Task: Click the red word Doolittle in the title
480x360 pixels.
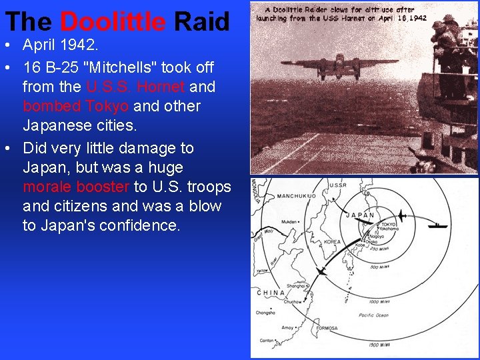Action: tap(112, 22)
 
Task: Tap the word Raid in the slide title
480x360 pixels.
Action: tap(201, 22)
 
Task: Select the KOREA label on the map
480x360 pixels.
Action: tap(332, 242)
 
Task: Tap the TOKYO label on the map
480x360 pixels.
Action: tap(388, 225)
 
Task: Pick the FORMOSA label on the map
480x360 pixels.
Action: tap(327, 328)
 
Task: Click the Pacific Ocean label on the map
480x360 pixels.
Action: tap(374, 315)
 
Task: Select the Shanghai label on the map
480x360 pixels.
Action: tap(296, 285)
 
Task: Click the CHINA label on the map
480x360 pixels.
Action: tap(271, 292)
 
